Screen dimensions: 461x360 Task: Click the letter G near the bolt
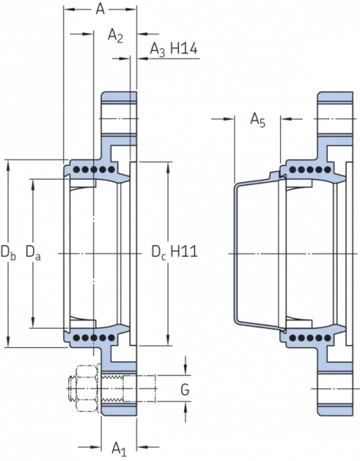pyautogui.click(x=184, y=390)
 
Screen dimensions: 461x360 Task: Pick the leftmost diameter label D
pyautogui.click(x=8, y=250)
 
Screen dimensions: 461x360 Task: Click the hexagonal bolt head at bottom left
pyautogui.click(x=79, y=390)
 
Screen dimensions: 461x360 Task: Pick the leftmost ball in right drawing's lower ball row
pyautogui.click(x=295, y=336)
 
